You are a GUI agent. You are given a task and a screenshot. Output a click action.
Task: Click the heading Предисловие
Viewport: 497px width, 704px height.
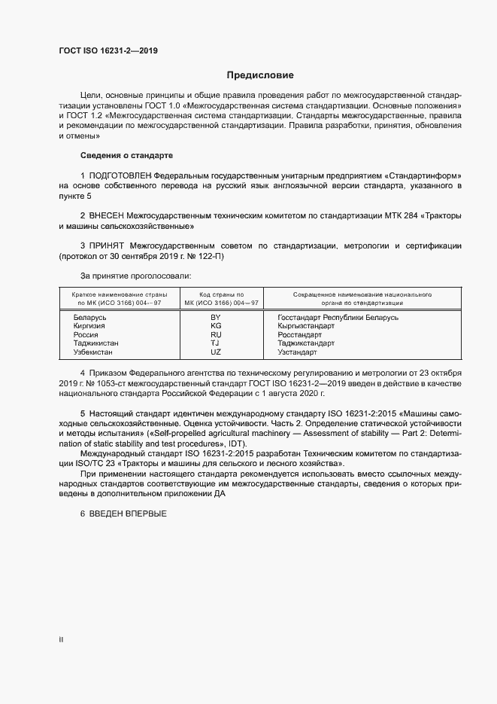tap(260, 75)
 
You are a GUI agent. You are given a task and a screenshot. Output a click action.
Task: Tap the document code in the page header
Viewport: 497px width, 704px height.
tap(108, 51)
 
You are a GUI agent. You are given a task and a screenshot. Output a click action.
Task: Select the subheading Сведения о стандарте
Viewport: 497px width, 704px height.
tap(126, 156)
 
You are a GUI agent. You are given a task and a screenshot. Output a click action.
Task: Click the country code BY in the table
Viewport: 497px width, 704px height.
tap(216, 318)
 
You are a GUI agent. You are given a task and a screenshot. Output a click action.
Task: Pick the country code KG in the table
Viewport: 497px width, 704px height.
tap(216, 326)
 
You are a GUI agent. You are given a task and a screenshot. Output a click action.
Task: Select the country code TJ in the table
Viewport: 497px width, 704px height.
tap(216, 343)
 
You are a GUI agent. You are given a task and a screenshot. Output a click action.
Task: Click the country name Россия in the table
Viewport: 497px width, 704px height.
tap(86, 334)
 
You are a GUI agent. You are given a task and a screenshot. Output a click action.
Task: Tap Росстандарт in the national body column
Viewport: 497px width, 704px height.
tap(301, 334)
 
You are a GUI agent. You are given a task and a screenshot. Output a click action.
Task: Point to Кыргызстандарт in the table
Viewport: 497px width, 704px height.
tap(306, 326)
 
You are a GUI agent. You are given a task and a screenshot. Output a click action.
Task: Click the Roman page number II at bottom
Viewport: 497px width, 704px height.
tap(61, 641)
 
